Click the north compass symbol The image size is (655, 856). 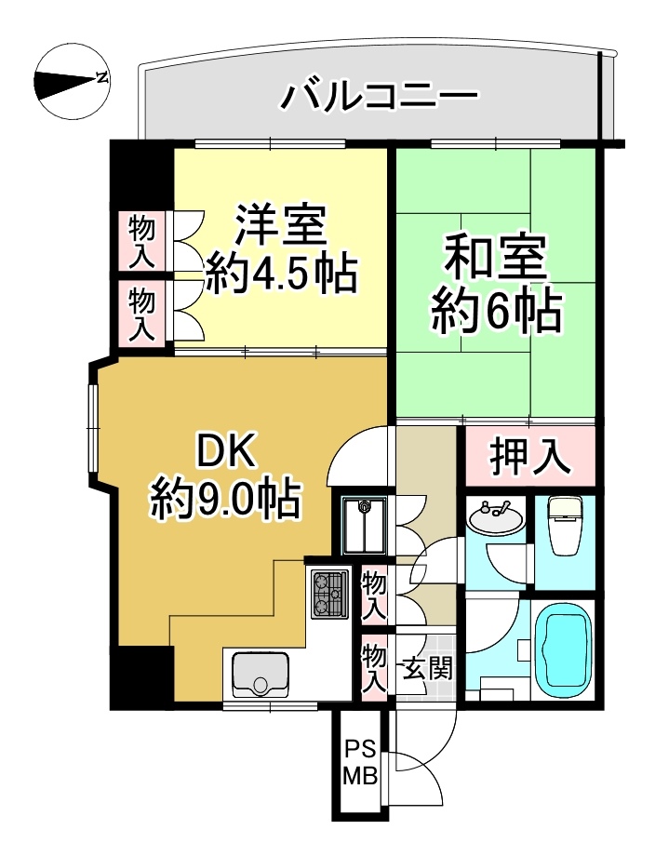tap(73, 81)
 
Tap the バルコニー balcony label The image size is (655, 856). tap(380, 96)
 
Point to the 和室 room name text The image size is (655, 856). tap(495, 260)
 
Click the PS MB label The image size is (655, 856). tap(360, 761)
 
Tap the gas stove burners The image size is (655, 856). tap(329, 594)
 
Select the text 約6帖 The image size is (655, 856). tap(497, 311)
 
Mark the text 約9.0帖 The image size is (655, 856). tap(226, 499)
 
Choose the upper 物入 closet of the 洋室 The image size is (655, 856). tap(142, 241)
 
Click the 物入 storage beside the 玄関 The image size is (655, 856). tap(374, 666)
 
